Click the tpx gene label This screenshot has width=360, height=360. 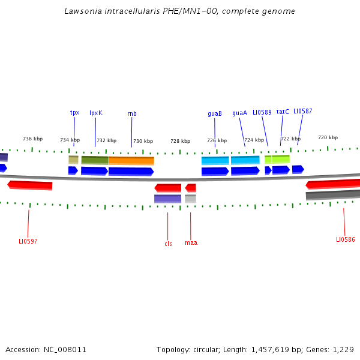coord(74,112)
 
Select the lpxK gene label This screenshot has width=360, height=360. coord(96,113)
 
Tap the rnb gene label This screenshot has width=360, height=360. coord(131,113)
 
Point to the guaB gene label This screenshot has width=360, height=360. coord(215,113)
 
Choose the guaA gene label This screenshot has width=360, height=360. coord(239,113)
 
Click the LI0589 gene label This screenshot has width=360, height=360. coord(262,112)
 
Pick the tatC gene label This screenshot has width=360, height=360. coord(283,112)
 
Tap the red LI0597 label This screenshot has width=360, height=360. coord(28,241)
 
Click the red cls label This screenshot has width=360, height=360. coord(168,244)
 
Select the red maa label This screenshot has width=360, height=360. coord(191,242)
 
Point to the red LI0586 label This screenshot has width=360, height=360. coord(346,239)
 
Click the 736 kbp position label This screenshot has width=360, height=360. coord(32,139)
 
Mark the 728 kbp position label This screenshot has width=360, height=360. coord(180,141)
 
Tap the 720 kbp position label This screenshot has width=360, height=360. coord(328,137)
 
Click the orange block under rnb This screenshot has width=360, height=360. coord(131,161)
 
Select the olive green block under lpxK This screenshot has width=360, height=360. coord(95,160)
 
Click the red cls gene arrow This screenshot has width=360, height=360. coord(168,188)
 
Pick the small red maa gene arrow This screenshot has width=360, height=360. coord(191,188)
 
